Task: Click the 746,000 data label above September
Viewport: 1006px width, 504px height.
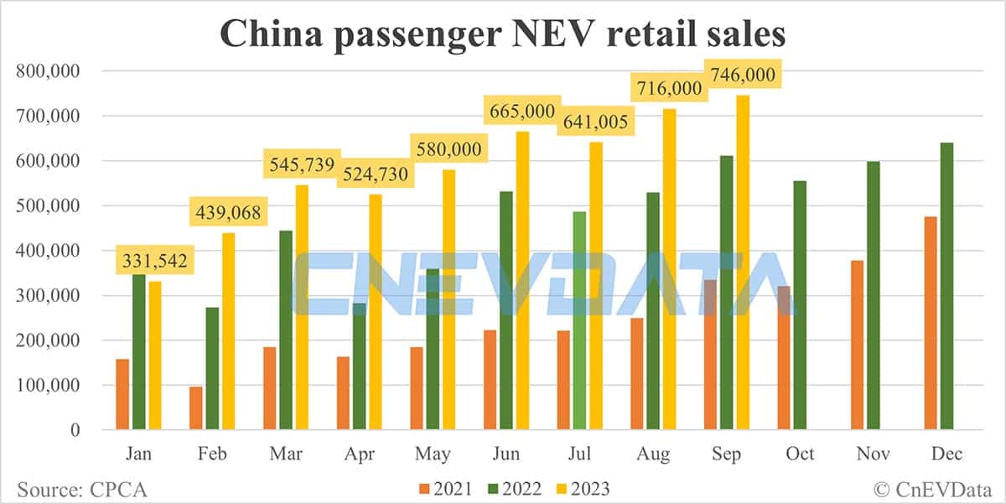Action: pos(743,75)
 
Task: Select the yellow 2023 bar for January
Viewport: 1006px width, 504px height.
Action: pos(155,356)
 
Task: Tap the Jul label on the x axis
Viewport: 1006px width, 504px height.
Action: pos(579,454)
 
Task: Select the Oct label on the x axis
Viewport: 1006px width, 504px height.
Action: pos(801,454)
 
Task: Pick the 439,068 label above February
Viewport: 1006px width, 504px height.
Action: pos(230,213)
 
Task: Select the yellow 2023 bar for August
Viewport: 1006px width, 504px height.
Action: pos(668,269)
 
